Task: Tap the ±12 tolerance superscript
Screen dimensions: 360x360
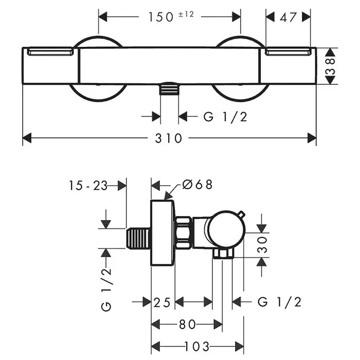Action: (186, 14)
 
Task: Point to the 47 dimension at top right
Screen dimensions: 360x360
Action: (290, 17)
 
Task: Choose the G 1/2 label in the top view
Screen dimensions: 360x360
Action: (225, 117)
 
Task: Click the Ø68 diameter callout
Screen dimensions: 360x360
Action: (196, 185)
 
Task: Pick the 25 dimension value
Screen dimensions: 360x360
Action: (163, 302)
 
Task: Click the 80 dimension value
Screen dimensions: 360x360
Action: (188, 325)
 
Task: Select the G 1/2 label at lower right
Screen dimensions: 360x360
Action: (279, 302)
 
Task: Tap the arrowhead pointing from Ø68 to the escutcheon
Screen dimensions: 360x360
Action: (167, 195)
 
